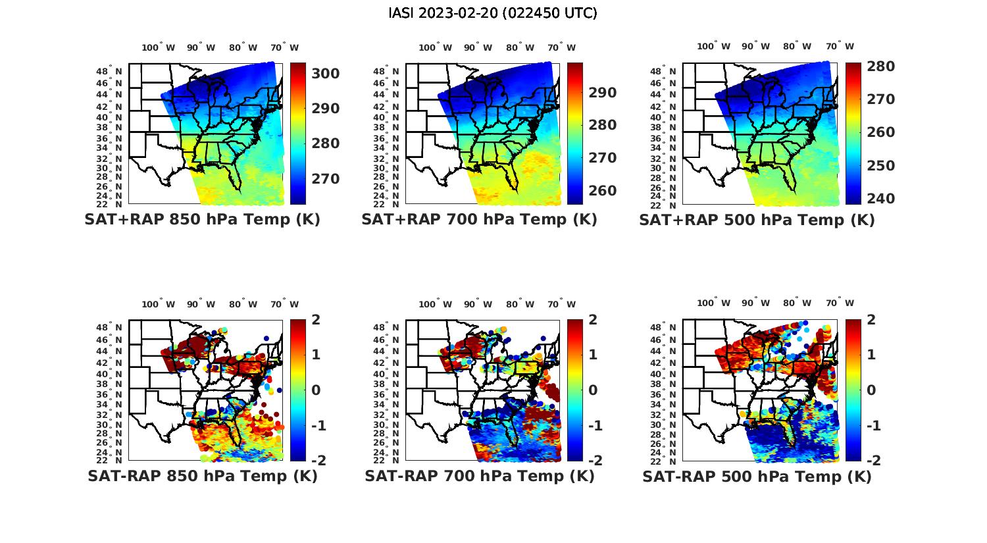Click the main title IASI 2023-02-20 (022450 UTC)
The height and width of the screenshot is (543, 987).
point(493,13)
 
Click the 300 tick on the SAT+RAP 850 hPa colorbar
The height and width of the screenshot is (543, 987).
point(326,73)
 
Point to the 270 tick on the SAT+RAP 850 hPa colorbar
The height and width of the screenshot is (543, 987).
point(326,179)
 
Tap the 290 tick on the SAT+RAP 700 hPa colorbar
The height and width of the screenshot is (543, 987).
point(603,93)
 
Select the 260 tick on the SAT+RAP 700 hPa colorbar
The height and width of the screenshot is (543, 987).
point(603,191)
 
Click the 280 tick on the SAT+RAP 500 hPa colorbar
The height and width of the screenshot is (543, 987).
point(880,66)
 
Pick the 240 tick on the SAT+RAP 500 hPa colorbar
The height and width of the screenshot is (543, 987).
point(880,199)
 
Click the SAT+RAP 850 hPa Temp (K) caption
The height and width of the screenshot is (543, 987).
point(202,220)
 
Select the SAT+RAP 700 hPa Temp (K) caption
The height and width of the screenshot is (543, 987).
point(479,220)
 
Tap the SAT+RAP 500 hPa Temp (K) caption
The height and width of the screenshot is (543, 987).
point(757,220)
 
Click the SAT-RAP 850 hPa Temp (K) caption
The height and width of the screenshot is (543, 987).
point(202,476)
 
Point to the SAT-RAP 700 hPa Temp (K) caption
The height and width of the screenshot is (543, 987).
point(479,476)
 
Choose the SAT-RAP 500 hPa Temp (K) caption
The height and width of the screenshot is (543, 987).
point(757,476)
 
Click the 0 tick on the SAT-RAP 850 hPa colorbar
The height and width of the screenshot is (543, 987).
point(316,390)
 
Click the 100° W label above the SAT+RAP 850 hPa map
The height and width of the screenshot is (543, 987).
point(159,47)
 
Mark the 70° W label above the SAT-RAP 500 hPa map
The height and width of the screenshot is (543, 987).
point(839,303)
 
